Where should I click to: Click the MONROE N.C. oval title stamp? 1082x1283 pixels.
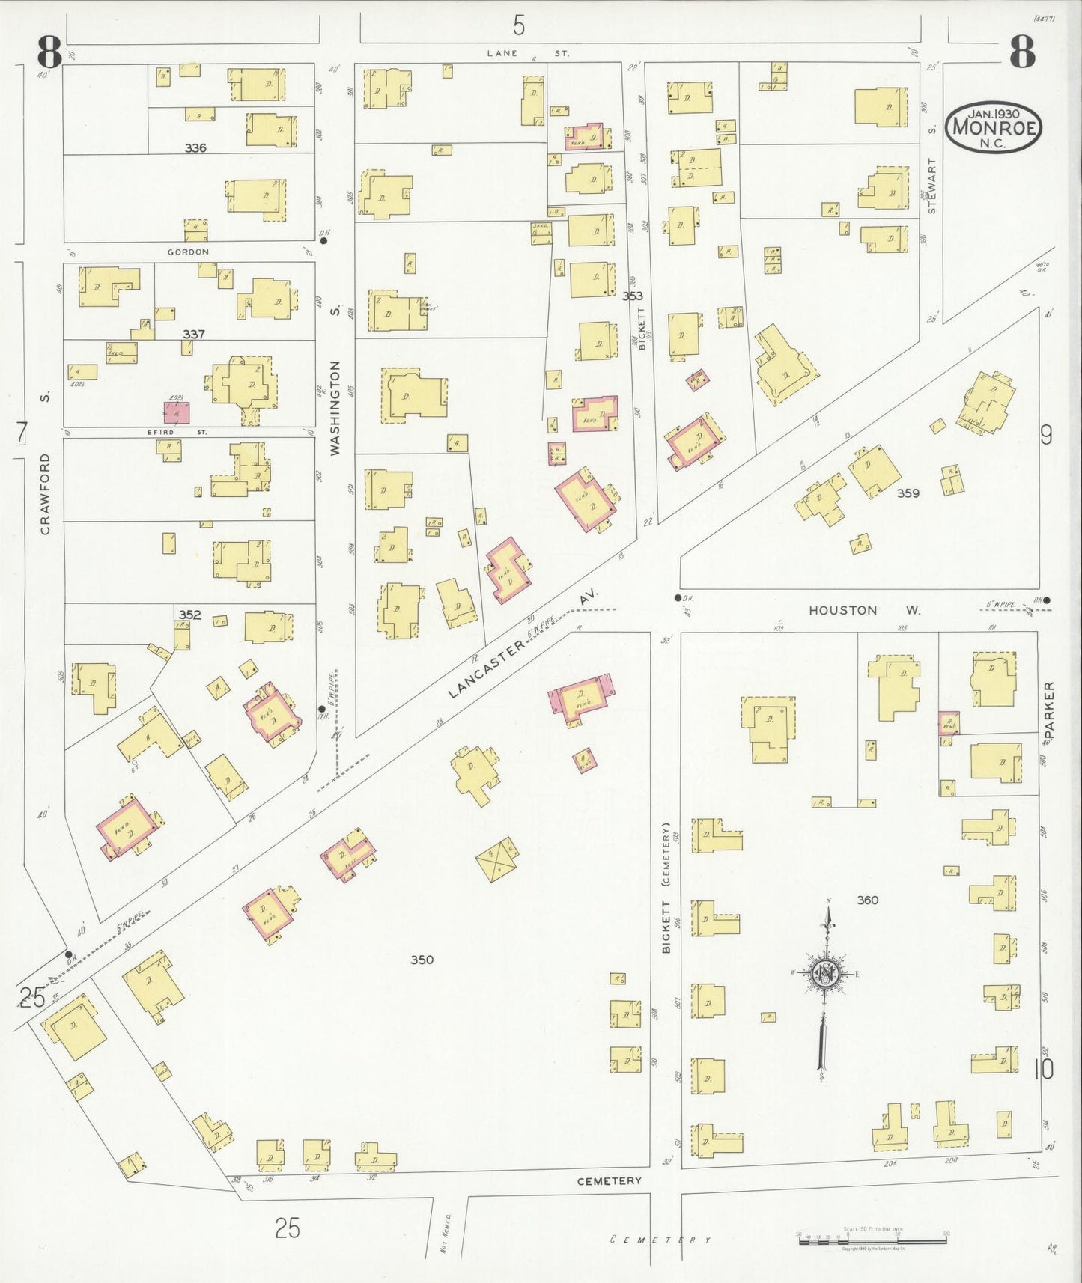(994, 127)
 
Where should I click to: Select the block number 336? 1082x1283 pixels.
(195, 148)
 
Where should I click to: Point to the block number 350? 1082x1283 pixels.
(422, 960)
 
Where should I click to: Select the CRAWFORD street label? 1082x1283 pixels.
(46, 494)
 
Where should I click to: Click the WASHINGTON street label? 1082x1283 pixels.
(335, 408)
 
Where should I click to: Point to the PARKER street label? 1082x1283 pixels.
(1048, 707)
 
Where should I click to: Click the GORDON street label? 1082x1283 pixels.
(188, 252)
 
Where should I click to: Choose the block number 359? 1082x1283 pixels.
(908, 493)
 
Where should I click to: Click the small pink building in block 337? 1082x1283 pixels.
(177, 412)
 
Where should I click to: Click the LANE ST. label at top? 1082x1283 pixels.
(527, 53)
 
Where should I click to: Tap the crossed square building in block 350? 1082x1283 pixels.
(497, 859)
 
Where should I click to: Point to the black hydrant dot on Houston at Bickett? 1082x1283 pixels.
(678, 598)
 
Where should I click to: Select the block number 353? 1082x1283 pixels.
(632, 296)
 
